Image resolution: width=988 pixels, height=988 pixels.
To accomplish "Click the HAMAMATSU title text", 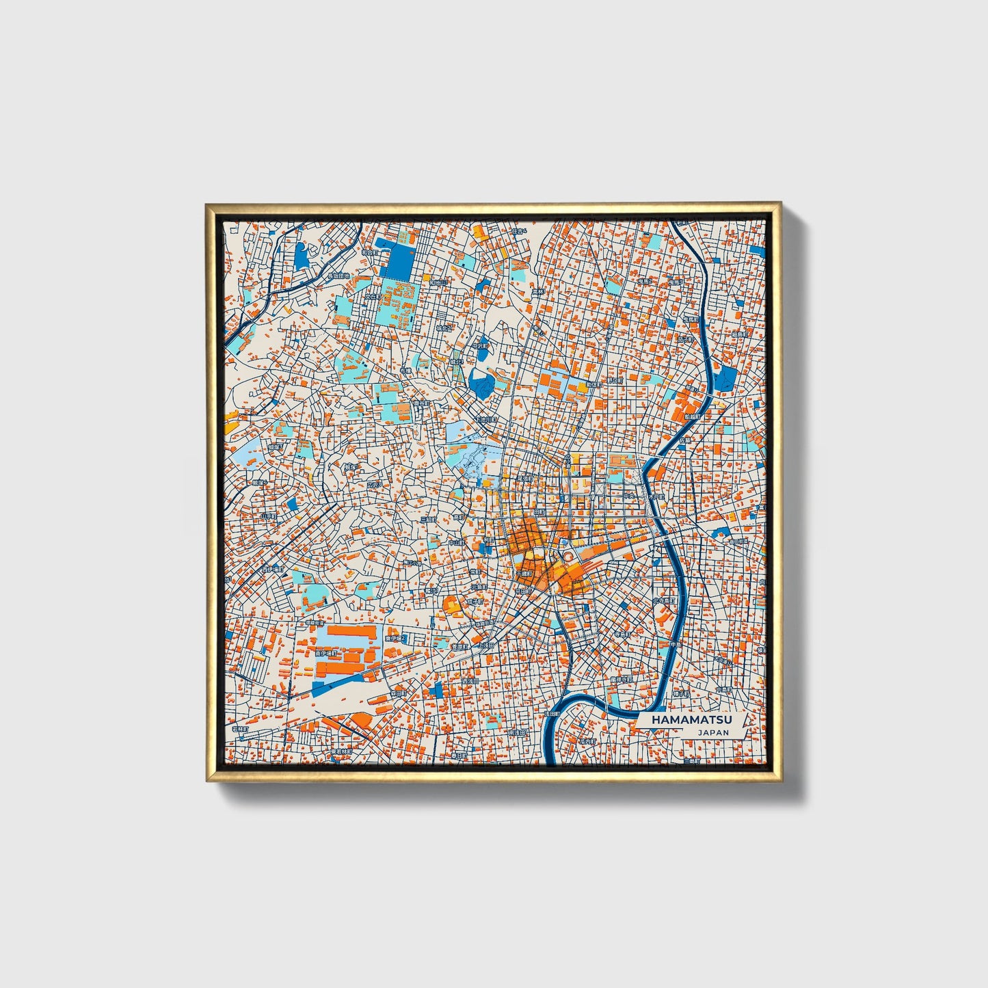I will pyautogui.click(x=691, y=720).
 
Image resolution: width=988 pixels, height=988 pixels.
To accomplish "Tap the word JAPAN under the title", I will pyautogui.click(x=713, y=732).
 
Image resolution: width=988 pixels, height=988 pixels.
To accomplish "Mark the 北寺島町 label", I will pyautogui.click(x=664, y=600).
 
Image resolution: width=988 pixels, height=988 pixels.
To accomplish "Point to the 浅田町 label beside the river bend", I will pyautogui.click(x=551, y=713).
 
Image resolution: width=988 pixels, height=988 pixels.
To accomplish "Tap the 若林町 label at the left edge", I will pyautogui.click(x=239, y=730).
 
